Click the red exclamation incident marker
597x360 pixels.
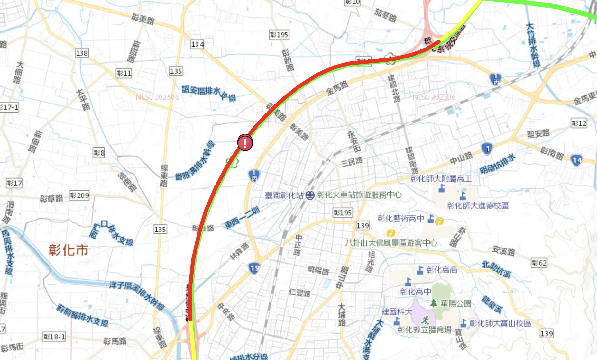245,142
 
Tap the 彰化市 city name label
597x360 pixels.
69,250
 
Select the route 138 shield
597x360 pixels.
82,53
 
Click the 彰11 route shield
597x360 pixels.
124,73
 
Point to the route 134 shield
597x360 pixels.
197,44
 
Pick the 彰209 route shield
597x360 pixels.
79,195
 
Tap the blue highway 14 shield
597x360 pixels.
576,160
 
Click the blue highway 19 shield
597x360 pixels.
254,268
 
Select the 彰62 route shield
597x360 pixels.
539,263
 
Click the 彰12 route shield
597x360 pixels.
579,123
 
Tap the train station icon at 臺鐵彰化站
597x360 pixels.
310,195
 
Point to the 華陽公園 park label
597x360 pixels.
455,303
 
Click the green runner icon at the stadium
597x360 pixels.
425,319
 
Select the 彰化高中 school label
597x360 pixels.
416,292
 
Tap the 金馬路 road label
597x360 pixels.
337,88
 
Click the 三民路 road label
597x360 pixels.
352,161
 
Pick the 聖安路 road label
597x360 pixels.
538,133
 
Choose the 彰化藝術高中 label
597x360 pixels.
401,219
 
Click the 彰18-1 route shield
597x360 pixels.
54,337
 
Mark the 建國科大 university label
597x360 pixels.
397,311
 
